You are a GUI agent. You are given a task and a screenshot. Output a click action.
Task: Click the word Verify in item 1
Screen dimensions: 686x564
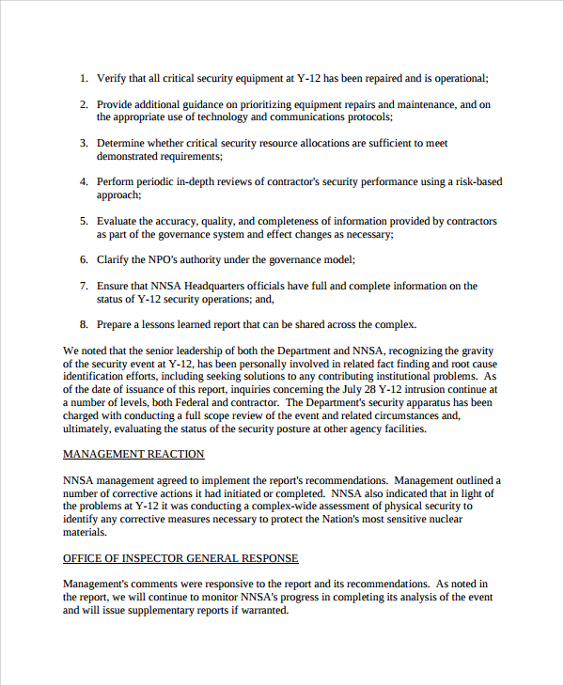[x=113, y=79]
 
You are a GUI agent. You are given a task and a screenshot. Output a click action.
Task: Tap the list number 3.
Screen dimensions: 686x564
[x=84, y=144]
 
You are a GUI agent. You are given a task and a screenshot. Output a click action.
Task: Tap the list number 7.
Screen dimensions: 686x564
[x=84, y=286]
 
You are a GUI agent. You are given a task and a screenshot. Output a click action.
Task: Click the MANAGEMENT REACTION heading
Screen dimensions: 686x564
[x=133, y=454]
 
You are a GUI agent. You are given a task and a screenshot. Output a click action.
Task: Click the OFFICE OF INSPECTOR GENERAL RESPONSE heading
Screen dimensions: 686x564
[x=180, y=558]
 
